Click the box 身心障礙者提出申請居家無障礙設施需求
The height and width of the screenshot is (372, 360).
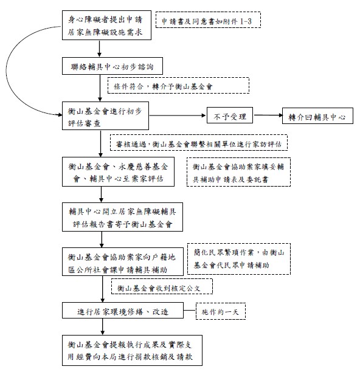coord(106,25)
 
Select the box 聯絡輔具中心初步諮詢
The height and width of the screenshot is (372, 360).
coord(112,66)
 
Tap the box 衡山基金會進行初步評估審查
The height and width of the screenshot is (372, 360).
coord(105,115)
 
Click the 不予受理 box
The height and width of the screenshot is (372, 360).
coord(230,115)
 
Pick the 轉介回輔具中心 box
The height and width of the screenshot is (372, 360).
coord(317,115)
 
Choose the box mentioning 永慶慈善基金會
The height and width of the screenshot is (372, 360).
coord(118,171)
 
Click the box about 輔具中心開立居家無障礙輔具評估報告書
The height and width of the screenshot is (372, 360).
coord(122,217)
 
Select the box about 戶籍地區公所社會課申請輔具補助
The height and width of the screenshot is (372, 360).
coord(123,262)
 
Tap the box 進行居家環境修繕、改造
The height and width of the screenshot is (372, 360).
coord(123,311)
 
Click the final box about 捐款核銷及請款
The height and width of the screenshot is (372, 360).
coord(132,350)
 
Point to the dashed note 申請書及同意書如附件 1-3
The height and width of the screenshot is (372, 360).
coord(208,20)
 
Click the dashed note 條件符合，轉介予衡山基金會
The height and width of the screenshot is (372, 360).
coord(178,86)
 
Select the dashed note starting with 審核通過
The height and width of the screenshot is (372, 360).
coord(199,143)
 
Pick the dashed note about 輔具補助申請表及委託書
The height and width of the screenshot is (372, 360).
coord(238,172)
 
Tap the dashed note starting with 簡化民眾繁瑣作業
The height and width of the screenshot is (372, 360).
coord(239,259)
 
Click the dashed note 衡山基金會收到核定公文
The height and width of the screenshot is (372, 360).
coord(162,286)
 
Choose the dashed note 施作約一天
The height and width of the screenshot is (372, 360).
coord(221,311)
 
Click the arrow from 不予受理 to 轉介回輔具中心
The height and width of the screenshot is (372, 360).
coord(268,115)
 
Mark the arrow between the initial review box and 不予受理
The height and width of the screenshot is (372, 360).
coord(178,115)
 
